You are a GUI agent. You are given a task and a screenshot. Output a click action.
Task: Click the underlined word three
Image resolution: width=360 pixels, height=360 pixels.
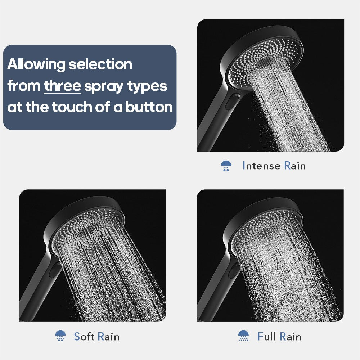pos(62,86)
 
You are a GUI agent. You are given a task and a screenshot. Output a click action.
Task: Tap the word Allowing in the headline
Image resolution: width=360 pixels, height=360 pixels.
pos(36,65)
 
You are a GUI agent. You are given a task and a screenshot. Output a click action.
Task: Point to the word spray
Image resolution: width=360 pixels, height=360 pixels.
pos(104,87)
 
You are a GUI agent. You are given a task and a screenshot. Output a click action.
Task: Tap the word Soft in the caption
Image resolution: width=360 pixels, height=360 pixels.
pos(84,337)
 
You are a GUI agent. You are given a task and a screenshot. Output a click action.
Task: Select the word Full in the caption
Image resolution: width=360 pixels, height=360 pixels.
pos(267,337)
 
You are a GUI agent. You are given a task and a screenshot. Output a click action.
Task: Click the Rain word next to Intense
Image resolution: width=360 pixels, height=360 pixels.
pos(295,166)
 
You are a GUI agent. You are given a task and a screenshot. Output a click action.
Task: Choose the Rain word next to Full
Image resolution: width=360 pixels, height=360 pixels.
pos(291,337)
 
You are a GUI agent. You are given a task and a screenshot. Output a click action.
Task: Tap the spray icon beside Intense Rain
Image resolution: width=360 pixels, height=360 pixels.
pos(226,166)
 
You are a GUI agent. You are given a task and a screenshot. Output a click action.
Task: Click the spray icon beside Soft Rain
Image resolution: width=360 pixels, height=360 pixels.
pos(60,336)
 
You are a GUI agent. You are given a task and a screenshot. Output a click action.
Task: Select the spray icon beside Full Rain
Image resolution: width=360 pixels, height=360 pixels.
pos(243,336)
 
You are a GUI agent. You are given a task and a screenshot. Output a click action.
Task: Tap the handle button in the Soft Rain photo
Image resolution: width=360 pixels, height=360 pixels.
pos(55,270)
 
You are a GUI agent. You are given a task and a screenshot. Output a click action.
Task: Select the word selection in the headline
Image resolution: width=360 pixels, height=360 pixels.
pos(100,65)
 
